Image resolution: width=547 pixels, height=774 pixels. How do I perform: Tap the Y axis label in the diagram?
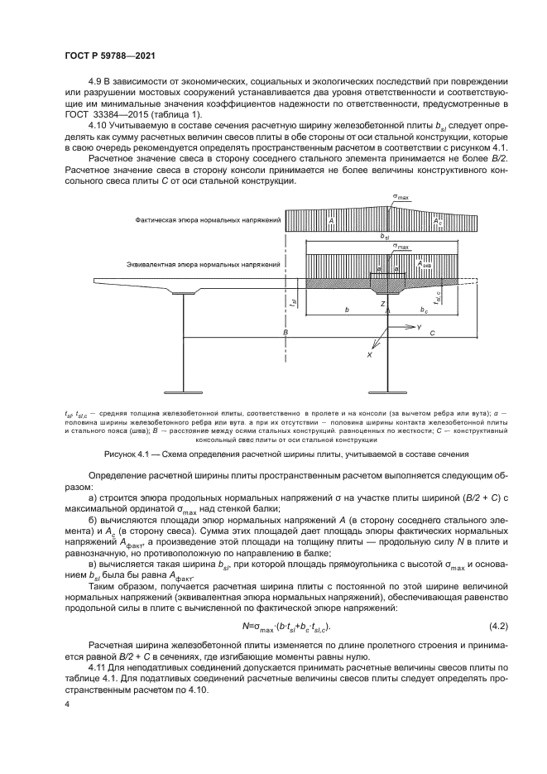click(420, 329)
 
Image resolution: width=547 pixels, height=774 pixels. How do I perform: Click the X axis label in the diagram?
click(369, 354)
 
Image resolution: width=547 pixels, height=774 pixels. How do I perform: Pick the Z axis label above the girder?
click(382, 305)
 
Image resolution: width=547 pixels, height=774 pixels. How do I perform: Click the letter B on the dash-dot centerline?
click(284, 333)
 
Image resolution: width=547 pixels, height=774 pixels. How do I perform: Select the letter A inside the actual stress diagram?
click(330, 221)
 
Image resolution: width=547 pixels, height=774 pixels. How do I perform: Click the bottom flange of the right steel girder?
click(388, 389)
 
